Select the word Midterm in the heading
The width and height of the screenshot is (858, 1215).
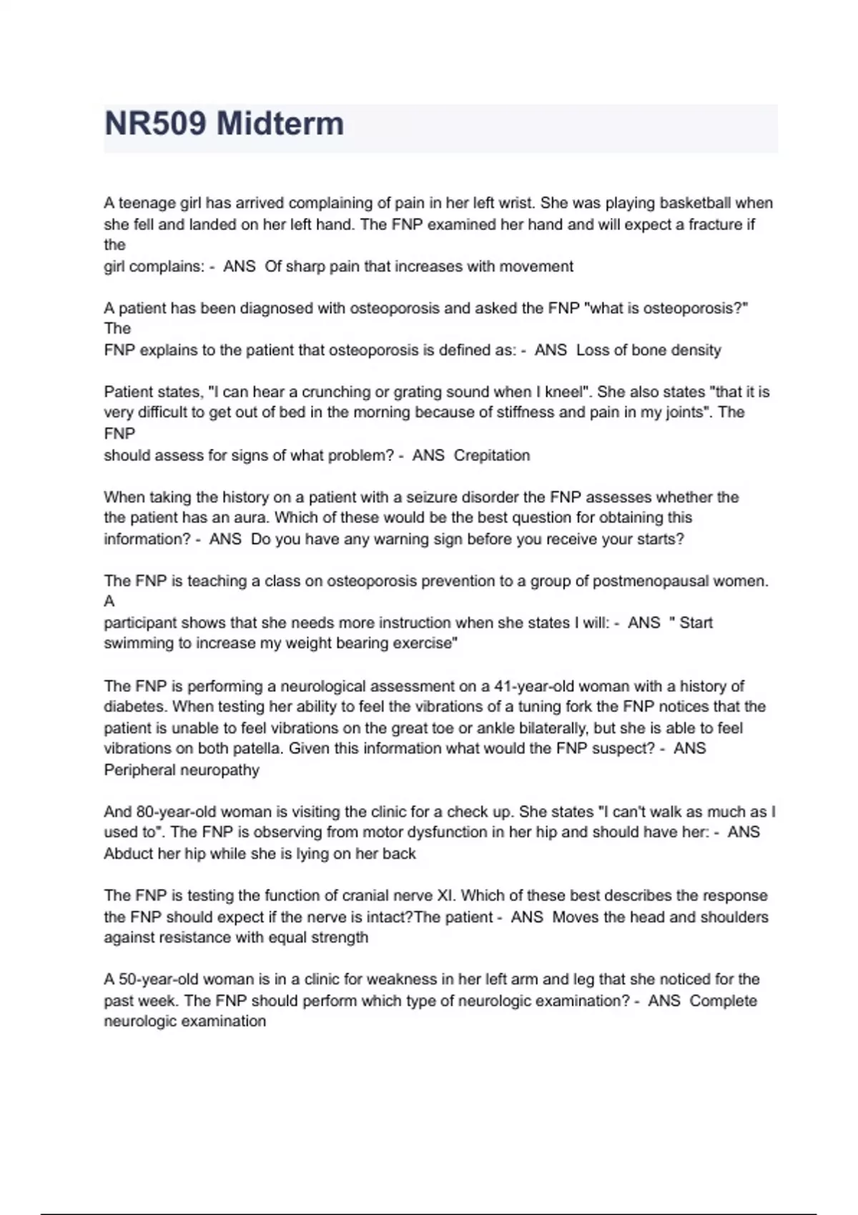pyautogui.click(x=280, y=124)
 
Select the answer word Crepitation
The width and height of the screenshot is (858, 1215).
pyautogui.click(x=492, y=455)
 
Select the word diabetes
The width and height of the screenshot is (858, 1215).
pyautogui.click(x=136, y=707)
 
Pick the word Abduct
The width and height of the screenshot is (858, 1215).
pyautogui.click(x=126, y=853)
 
